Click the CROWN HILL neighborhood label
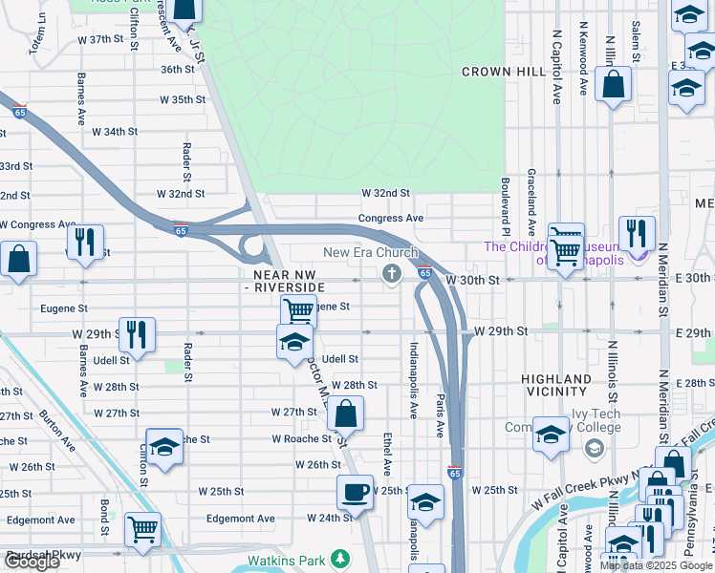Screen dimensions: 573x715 coord(502,72)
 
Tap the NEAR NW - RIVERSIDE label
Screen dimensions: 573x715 coord(284,280)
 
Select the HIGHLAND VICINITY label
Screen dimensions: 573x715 coord(555,385)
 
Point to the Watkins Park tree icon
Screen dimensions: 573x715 coord(339,558)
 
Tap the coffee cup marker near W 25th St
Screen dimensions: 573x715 coord(355,493)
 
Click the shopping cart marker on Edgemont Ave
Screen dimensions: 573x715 coord(142,527)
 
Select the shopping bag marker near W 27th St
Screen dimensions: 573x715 coord(345,414)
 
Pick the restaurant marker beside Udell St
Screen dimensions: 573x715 coord(137,334)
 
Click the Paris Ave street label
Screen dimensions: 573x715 coord(440,414)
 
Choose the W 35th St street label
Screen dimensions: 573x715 coord(182,99)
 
